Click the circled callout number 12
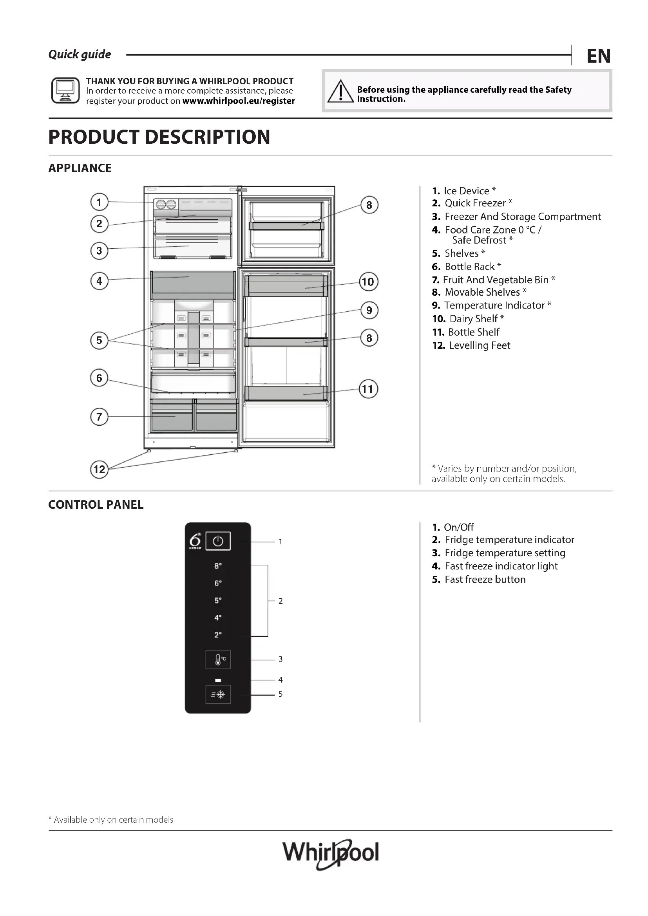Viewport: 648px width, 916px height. click(x=100, y=469)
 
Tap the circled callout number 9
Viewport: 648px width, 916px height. click(x=369, y=311)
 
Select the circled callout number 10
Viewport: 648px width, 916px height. click(x=368, y=282)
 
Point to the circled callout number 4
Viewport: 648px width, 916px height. click(x=100, y=281)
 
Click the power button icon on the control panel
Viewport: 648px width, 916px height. click(x=218, y=541)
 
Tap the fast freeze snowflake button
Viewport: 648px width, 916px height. click(x=218, y=695)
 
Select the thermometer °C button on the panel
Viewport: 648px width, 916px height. click(x=218, y=659)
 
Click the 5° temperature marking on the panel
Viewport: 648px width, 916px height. click(x=218, y=600)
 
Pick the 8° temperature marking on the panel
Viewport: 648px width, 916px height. click(x=218, y=566)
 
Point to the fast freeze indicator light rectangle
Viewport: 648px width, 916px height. click(x=218, y=680)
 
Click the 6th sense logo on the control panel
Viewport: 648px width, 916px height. click(x=195, y=541)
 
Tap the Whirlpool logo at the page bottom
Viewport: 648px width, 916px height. click(x=330, y=853)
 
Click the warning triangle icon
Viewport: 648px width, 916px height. click(x=340, y=91)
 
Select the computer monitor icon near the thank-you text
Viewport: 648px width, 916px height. click(x=65, y=90)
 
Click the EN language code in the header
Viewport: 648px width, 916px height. click(x=598, y=56)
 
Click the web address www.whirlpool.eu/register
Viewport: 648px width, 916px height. click(x=239, y=101)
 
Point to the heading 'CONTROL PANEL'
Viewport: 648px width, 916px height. click(x=96, y=505)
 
